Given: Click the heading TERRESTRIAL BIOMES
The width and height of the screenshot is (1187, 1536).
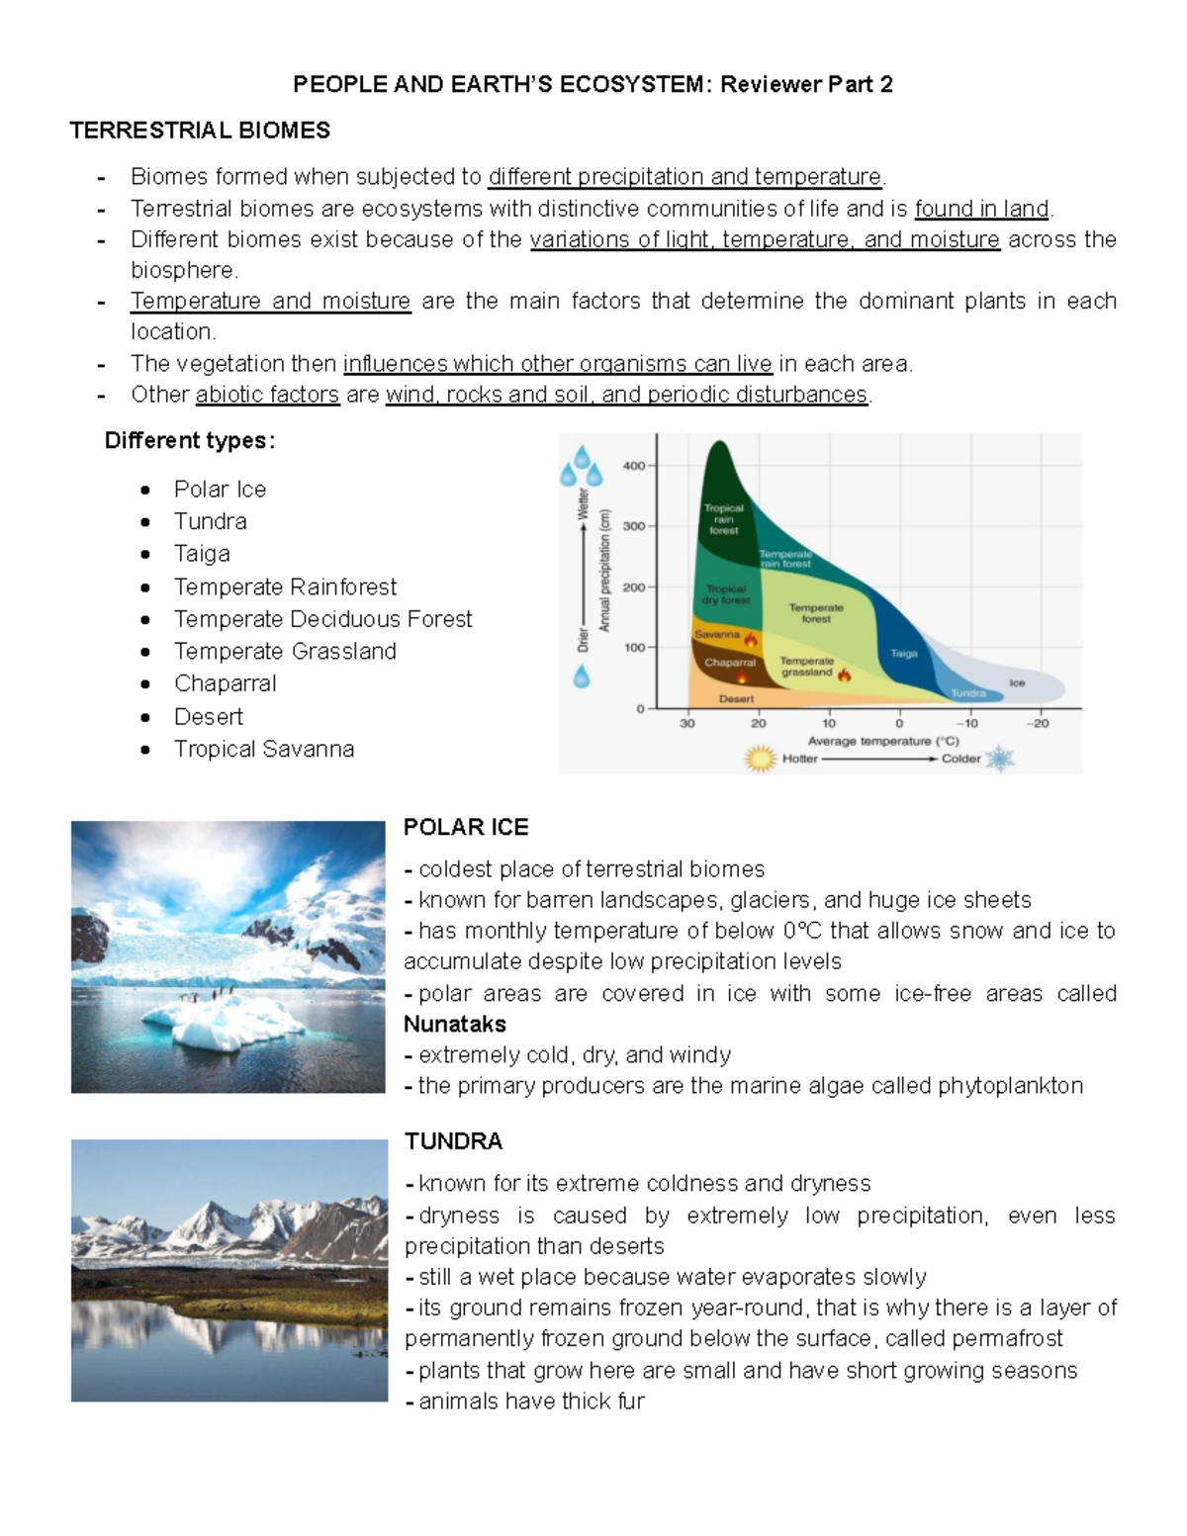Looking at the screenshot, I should click(x=200, y=131).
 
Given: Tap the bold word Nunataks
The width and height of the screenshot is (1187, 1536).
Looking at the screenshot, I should click(x=454, y=1024).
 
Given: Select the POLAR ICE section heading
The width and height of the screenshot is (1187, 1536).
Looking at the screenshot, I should click(x=466, y=827).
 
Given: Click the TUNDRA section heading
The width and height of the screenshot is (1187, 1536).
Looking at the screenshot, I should click(x=453, y=1141).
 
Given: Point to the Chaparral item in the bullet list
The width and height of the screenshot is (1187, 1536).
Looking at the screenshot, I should click(x=225, y=683).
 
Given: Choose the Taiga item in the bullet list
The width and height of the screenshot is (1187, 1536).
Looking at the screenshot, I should click(x=202, y=554).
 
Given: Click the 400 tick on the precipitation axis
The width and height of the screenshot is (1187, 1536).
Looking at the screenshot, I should click(x=633, y=466).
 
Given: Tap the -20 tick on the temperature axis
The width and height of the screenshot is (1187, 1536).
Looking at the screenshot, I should click(x=1038, y=723).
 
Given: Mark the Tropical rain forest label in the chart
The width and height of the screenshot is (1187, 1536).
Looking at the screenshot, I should click(x=723, y=519).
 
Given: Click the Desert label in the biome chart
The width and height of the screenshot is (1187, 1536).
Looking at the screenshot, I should click(x=736, y=698).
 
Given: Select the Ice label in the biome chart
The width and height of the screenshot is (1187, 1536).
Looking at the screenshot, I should click(x=1017, y=682).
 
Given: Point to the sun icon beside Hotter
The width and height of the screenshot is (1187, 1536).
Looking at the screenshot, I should click(x=760, y=759).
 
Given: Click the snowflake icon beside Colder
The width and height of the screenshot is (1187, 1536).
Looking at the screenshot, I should click(x=1000, y=759).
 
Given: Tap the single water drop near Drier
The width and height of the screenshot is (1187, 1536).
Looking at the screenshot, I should click(x=582, y=677).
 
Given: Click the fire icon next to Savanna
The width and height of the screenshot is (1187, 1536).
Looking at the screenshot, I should click(x=751, y=639).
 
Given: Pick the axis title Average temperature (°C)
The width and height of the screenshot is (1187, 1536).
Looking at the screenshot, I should click(x=882, y=741).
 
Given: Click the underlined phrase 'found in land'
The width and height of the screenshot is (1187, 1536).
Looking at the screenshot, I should click(x=981, y=209).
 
